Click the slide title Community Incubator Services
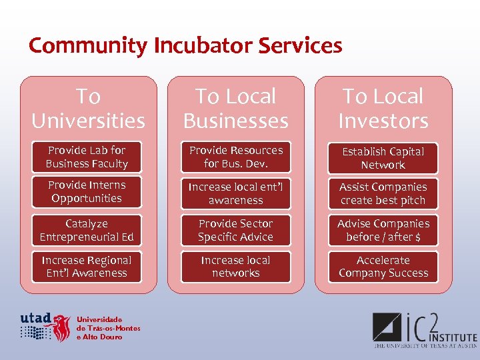coord(185,46)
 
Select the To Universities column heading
coord(88,109)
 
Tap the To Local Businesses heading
coord(235,109)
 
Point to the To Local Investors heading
coord(383,109)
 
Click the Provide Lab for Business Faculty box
coord(87,157)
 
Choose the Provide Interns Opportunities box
coord(87,192)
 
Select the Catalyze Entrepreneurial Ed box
coord(87,230)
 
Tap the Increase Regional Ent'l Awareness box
coord(87,267)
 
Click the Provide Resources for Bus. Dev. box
coord(235,157)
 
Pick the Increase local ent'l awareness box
coord(235,193)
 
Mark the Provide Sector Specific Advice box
coord(235,230)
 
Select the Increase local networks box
coord(235,267)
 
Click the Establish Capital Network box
coord(383,159)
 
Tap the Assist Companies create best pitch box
coord(383,193)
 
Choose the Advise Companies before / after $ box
coord(383,230)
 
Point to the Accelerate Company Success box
coord(383,267)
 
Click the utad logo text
coord(35,318)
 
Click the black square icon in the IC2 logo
coord(387,327)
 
